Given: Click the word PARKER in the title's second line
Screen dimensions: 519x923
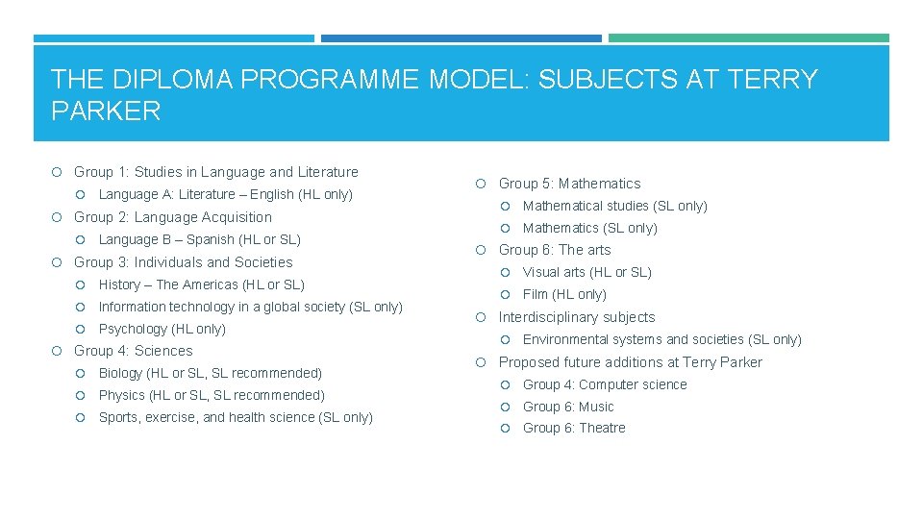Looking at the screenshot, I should click(x=106, y=111).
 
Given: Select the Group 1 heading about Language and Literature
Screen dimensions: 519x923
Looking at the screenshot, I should click(x=215, y=172).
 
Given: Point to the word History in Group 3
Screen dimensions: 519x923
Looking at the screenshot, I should click(x=119, y=284).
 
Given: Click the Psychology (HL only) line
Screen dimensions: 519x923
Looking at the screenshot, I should click(x=162, y=329).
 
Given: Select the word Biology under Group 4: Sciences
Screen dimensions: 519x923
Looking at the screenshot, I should click(x=120, y=373).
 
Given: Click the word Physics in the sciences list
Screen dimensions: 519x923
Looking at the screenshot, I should click(x=121, y=395).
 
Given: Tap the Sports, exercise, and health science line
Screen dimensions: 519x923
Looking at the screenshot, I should click(x=236, y=417).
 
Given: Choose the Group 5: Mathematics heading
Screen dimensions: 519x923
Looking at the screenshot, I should click(x=569, y=184).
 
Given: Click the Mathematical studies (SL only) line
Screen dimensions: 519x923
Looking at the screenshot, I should click(x=614, y=206).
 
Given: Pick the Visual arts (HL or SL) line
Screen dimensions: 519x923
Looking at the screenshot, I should click(x=586, y=272).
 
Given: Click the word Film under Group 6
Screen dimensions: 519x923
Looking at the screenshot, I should click(x=536, y=294).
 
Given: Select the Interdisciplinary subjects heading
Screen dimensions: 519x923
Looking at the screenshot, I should click(x=576, y=317).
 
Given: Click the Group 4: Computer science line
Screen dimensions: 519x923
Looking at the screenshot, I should click(x=605, y=384).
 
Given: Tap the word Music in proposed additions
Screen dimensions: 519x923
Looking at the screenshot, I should click(x=596, y=407).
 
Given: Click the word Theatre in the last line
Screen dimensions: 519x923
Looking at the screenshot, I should click(x=602, y=428).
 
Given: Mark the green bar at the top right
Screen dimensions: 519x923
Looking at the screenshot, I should click(x=748, y=38).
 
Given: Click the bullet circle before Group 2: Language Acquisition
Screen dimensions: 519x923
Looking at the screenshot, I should click(x=59, y=217).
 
